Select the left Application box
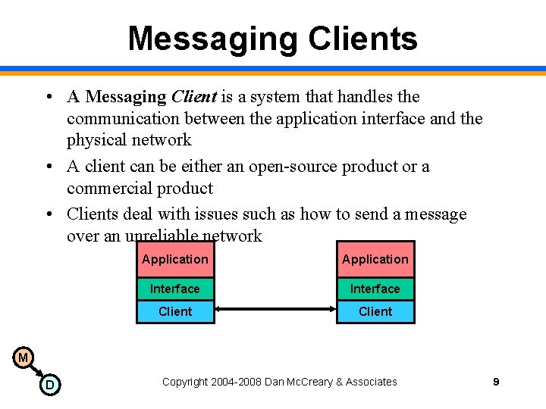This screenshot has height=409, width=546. point(175,260)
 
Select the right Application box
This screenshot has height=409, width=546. point(375,260)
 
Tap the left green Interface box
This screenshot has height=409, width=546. point(175,289)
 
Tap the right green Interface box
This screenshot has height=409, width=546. point(375,289)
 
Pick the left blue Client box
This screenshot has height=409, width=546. point(175,311)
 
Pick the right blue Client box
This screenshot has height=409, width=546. point(375,311)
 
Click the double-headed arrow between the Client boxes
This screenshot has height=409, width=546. point(275,309)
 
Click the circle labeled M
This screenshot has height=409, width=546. point(23,357)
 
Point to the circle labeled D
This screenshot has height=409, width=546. point(50,386)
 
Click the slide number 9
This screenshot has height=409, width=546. point(496,382)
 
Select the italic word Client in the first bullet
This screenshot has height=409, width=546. point(193,97)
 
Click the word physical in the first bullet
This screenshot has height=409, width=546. point(95,140)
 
